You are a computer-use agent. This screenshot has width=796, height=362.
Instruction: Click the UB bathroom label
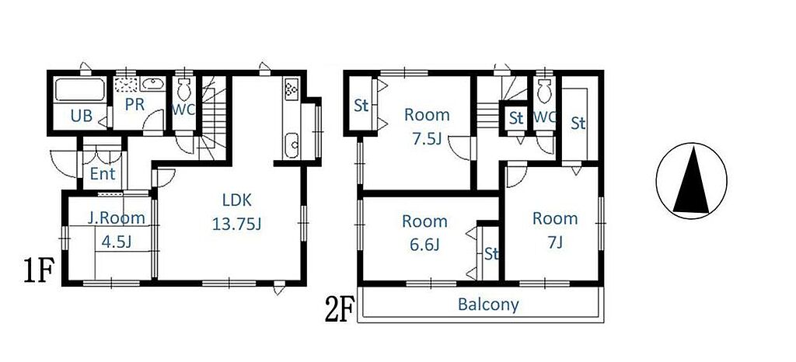pos(81,116)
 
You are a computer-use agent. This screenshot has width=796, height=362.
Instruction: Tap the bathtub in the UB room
pos(80,90)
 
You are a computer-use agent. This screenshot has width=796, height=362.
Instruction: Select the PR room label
pos(134,104)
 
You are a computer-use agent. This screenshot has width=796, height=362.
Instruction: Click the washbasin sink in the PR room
pos(152,84)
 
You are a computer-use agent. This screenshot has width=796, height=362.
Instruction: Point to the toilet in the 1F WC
pos(183,89)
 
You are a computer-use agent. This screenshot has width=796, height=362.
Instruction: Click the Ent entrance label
pos(103,174)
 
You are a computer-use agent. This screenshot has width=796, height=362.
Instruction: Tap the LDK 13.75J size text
pos(236,224)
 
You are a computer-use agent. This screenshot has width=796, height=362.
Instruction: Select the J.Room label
pos(117,218)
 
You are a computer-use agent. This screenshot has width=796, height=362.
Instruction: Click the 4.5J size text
pos(117,242)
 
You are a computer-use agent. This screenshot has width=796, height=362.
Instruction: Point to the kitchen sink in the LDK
pos(292,145)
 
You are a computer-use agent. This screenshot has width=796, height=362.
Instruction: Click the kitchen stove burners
pos(292,89)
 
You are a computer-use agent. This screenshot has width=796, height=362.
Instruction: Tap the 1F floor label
pos(39,271)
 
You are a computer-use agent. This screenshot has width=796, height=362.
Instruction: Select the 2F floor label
pos(339,312)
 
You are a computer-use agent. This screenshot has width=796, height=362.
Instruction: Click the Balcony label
pos(488,305)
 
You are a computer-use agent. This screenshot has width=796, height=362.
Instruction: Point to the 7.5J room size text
pos(427,139)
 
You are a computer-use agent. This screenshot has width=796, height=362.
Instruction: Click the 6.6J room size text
pos(424,245)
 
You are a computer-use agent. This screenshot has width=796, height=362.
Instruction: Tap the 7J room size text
pos(555,243)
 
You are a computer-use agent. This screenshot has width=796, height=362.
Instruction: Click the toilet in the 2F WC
pos(545,91)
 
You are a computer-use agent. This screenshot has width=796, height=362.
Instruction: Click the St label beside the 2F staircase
pos(516,118)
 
